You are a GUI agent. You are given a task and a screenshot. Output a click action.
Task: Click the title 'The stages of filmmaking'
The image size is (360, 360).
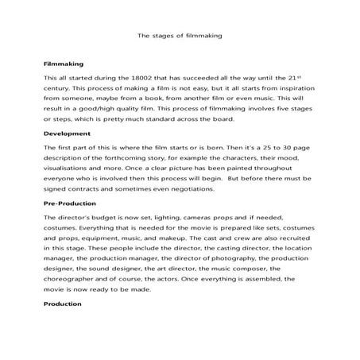coord(180,35)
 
